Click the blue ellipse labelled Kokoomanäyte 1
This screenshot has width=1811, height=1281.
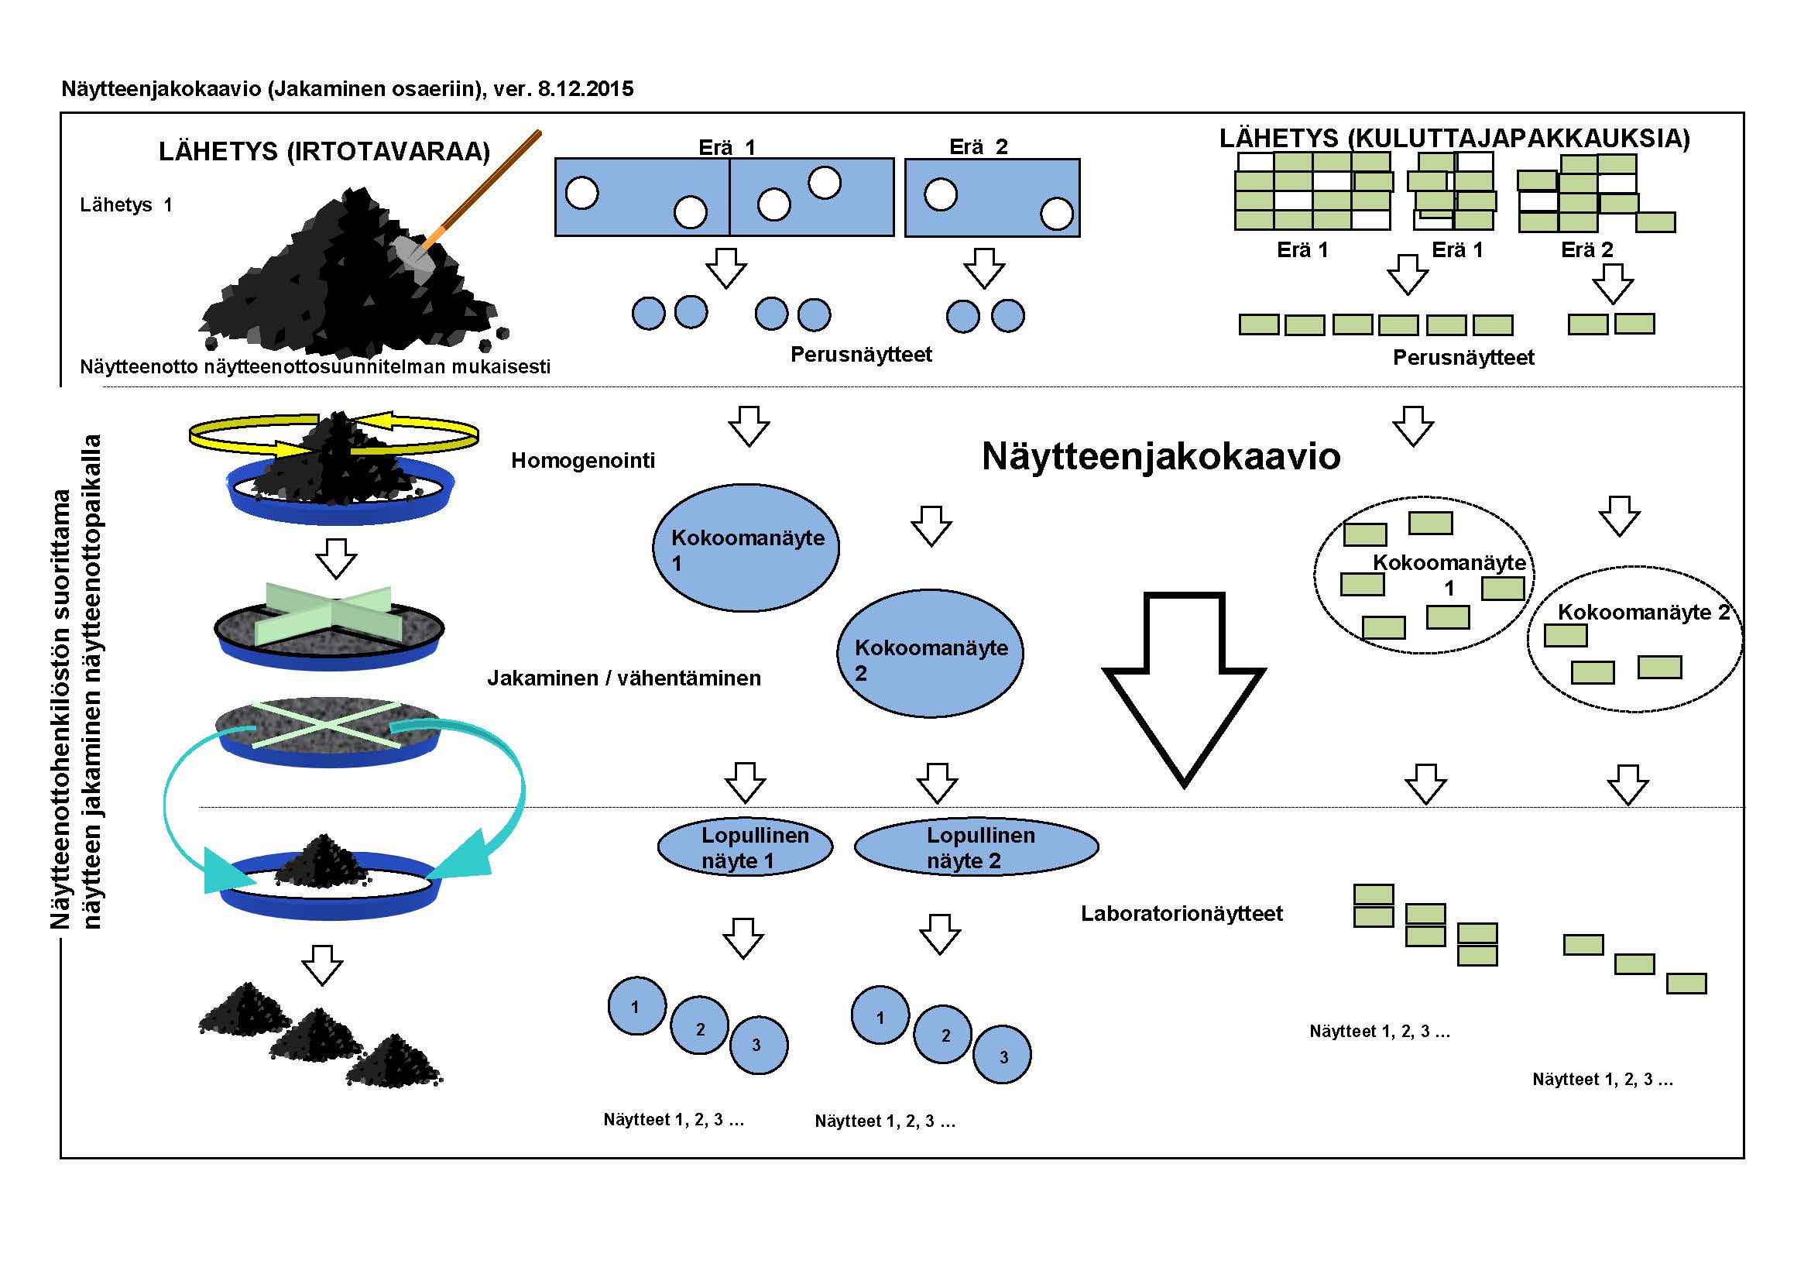click(x=746, y=548)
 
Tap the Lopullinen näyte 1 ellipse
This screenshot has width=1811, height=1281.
click(x=745, y=847)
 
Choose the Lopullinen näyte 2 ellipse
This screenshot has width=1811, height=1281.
click(x=976, y=847)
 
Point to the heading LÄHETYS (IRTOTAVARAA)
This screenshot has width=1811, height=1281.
click(x=324, y=151)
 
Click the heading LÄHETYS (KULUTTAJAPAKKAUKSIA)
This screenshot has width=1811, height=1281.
click(x=1455, y=138)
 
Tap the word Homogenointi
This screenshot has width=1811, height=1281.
click(x=583, y=460)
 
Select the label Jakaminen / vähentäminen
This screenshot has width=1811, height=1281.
click(x=624, y=678)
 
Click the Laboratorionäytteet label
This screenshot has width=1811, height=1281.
click(x=1182, y=913)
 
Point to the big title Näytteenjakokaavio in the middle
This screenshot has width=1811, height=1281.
click(x=1161, y=456)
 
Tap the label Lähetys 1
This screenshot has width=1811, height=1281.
click(x=125, y=205)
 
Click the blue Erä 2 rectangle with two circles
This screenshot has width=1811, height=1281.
click(x=993, y=197)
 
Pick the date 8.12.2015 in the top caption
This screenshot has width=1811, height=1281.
click(x=585, y=88)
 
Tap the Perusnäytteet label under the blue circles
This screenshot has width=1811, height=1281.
click(x=860, y=354)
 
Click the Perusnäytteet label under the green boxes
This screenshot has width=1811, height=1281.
click(x=1463, y=357)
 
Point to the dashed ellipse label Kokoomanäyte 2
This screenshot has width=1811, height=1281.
click(x=1644, y=612)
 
